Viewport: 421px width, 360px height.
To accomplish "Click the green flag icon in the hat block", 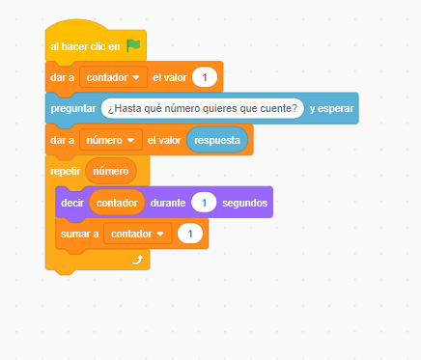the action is coord(133,44).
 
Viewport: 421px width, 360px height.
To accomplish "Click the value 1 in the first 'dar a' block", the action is coord(204,76).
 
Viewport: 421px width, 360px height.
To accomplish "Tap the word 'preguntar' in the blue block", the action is coord(73,108).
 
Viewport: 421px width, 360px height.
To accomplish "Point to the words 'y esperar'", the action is coord(331,108).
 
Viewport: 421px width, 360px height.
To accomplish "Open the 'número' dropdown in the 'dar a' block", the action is coord(111,140).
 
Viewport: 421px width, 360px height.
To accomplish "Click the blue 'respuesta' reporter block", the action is coord(216,140).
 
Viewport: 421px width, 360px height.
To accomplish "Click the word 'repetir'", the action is coord(66,172).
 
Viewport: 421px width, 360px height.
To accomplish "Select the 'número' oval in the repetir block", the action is coord(111,172).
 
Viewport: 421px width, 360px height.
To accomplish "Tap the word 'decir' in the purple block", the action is coord(72,203).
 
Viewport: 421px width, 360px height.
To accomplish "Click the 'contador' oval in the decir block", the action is coord(116,203).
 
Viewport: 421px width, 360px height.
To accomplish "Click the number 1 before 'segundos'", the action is coord(203,203).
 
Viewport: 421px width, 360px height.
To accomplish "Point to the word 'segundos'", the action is coord(244,203).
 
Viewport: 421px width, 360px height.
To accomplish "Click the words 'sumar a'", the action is coord(80,234).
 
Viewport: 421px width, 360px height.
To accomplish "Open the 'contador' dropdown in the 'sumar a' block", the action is coord(137,234).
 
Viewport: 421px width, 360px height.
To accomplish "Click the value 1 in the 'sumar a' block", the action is coord(191,234).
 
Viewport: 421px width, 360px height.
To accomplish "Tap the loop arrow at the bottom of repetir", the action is coord(137,259).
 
